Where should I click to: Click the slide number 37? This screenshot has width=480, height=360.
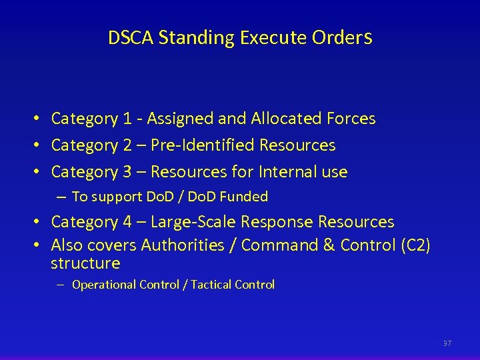tap(447, 343)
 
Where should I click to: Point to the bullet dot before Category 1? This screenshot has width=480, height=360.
tap(39, 119)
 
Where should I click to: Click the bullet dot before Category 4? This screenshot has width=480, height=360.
tap(39, 222)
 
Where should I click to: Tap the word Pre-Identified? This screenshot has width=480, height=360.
tap(203, 145)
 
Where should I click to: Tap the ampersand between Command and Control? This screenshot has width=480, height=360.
tap(329, 245)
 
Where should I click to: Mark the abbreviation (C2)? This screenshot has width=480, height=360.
tap(415, 245)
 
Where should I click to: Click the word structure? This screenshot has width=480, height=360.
tap(85, 263)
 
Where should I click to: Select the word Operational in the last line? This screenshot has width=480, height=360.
tap(103, 285)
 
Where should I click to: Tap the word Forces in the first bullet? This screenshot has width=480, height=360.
tap(351, 119)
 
